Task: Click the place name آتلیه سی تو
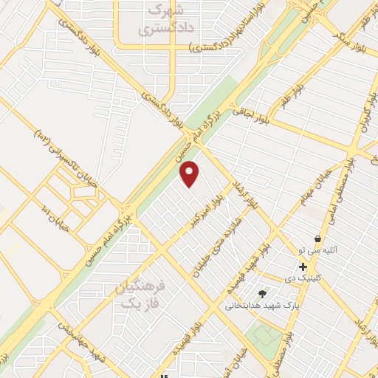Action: (317, 250)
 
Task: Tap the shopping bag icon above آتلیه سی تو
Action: (317, 239)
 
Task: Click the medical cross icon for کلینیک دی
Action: (303, 267)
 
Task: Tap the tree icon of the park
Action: (262, 293)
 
